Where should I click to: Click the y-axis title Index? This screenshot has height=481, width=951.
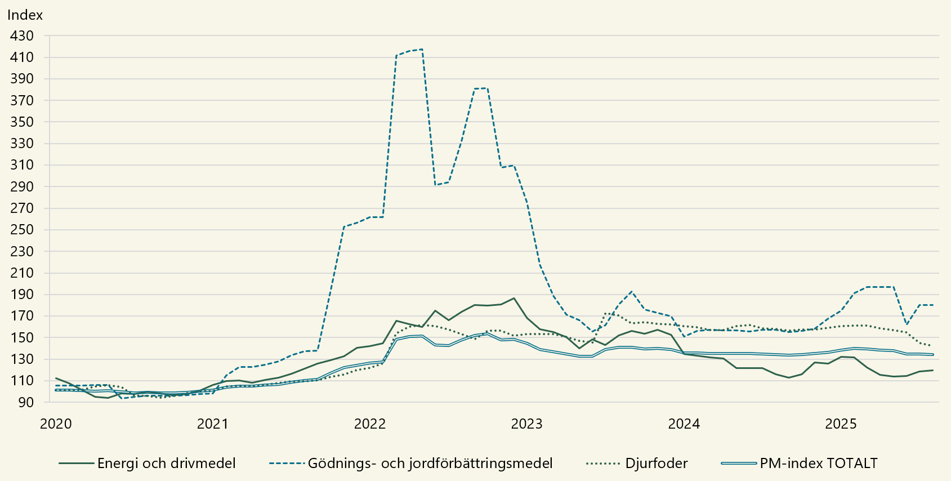click(x=25, y=15)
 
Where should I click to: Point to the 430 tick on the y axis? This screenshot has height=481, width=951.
click(x=22, y=35)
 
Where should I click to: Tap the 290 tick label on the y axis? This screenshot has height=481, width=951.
click(x=22, y=186)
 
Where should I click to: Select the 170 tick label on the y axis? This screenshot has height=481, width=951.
click(x=22, y=316)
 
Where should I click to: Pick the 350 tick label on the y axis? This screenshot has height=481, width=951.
click(x=22, y=122)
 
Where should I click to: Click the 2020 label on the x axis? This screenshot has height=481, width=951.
click(x=56, y=424)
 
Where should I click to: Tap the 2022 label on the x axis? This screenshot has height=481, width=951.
click(x=370, y=424)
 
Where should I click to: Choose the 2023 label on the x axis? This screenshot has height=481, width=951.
click(x=527, y=424)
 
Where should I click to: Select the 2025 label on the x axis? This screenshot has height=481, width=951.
click(x=841, y=424)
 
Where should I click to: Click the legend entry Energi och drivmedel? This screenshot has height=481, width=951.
click(x=166, y=464)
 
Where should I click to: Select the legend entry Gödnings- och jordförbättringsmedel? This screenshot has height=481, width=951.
click(x=430, y=464)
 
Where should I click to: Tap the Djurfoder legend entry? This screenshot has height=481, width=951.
click(x=656, y=464)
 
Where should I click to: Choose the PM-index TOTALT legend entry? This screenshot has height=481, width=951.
click(x=818, y=464)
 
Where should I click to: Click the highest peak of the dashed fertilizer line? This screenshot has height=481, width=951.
click(x=422, y=50)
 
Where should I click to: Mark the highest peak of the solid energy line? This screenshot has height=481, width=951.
click(x=514, y=299)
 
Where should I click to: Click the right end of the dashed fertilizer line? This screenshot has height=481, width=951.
click(x=933, y=305)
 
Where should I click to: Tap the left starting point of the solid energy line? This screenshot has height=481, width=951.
click(x=56, y=378)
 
